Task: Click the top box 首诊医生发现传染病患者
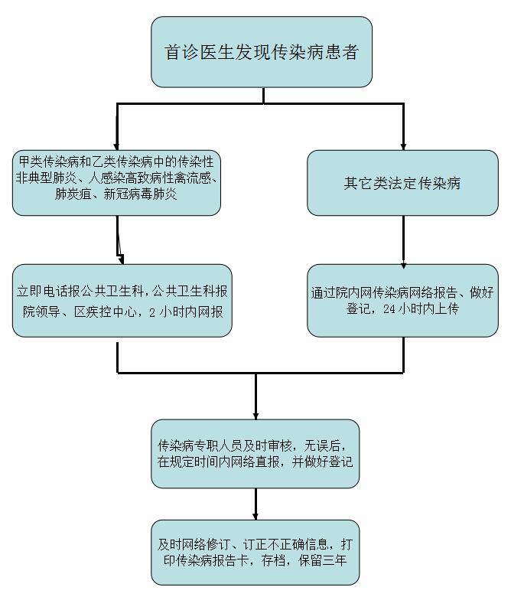point(262,52)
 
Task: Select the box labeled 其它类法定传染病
point(402,184)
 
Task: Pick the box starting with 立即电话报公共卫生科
point(122,301)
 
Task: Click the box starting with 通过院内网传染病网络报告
point(402,301)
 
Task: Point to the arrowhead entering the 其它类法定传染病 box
point(403,145)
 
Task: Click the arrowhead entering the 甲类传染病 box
point(117,145)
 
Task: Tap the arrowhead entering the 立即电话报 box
point(120,259)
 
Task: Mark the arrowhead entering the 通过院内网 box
point(403,259)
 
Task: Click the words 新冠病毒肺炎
point(146,194)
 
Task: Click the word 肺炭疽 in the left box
point(70,194)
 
